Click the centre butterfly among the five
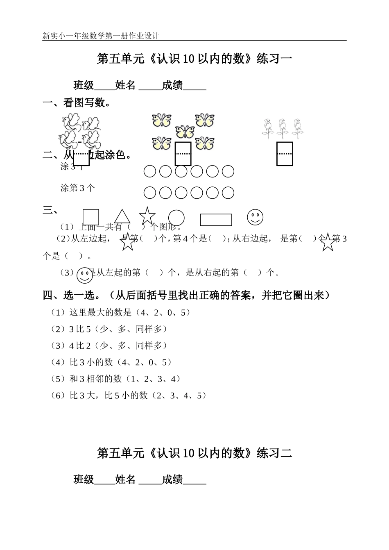click(185, 132)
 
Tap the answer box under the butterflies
click(183, 154)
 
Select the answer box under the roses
click(285, 154)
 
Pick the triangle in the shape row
click(122, 217)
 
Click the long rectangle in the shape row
click(216, 220)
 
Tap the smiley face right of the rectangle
click(255, 217)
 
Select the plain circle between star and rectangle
click(176, 218)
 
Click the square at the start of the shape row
click(91, 217)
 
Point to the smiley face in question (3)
click(85, 275)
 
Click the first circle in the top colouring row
click(150, 171)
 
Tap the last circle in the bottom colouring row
click(228, 192)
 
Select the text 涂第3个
click(77, 188)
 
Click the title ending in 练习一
click(194, 59)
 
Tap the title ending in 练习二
click(194, 453)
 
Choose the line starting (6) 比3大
click(128, 395)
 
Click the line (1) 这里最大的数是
click(120, 313)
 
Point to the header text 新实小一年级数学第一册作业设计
click(101, 36)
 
